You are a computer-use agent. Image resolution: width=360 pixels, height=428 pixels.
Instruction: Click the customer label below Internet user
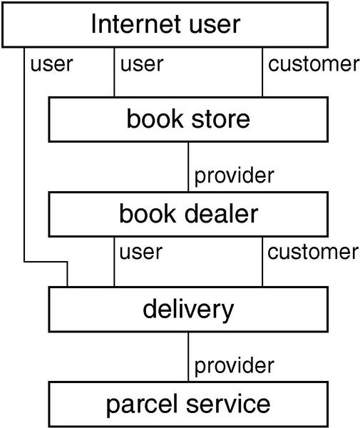[x=314, y=64]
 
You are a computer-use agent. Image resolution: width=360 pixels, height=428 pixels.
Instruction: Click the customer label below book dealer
[x=313, y=252]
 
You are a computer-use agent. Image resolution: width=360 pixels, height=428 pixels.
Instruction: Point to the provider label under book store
[x=234, y=176]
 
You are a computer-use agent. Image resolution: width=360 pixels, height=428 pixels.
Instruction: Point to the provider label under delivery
[x=234, y=367]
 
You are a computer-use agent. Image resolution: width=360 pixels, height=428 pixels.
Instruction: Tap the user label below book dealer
[x=141, y=252]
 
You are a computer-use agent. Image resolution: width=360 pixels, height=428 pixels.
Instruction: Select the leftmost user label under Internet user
[x=51, y=65]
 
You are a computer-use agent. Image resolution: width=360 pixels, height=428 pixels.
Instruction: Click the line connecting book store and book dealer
[x=188, y=167]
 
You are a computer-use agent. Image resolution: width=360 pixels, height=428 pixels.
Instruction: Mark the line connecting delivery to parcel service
[x=188, y=357]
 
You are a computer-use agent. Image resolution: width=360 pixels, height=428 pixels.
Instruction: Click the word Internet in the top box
[x=135, y=24]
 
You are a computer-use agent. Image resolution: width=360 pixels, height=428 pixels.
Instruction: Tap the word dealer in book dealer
[x=221, y=214]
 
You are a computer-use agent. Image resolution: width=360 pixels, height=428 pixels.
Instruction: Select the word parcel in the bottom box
[x=142, y=405]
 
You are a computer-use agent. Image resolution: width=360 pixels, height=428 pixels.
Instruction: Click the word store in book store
[x=220, y=120]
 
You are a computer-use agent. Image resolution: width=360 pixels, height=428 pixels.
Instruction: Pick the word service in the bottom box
[x=228, y=404]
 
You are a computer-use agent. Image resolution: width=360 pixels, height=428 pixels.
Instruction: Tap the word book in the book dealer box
[x=148, y=214]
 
